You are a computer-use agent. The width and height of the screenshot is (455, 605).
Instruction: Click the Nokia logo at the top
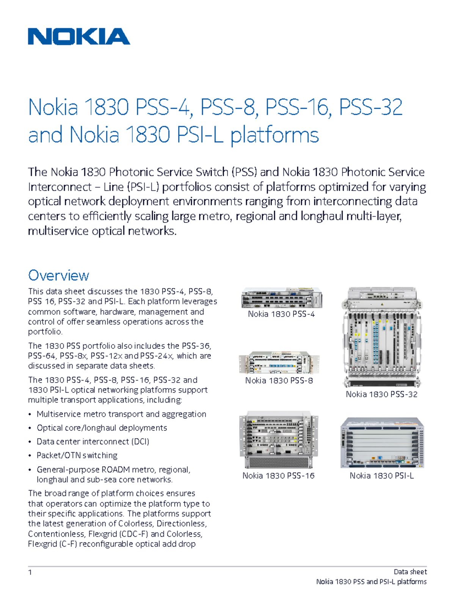pos(79,37)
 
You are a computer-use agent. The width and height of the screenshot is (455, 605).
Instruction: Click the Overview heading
pos(58,275)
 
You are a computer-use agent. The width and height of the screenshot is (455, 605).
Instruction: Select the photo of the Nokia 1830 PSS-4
pos(282,298)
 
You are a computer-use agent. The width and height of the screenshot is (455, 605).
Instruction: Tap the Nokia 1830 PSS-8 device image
pos(279,363)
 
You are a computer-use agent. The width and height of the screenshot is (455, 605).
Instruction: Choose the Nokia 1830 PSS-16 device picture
pos(279,440)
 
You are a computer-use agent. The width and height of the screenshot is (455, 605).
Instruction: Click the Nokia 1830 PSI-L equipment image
pos(382,443)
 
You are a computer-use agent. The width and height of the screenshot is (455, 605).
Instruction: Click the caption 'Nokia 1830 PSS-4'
pos(281,314)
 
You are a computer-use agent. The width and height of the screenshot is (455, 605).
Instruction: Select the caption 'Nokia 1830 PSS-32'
pos(381,395)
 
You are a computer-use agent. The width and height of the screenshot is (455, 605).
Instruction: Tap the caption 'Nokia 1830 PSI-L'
pos(381,476)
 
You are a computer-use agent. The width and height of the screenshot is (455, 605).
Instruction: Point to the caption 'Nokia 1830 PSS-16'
pos(279,476)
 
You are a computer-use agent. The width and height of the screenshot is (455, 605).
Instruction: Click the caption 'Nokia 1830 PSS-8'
pos(279,381)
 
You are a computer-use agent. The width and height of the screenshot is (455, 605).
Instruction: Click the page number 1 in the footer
pos(30,572)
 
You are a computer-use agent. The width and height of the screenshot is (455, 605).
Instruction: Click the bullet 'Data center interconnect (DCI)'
pos(93,442)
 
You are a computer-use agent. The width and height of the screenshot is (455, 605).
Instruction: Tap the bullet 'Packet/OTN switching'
pos(77,455)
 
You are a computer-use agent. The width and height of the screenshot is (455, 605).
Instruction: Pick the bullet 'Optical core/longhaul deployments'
pos(102,428)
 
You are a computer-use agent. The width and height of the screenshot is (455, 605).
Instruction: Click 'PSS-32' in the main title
pos(370,107)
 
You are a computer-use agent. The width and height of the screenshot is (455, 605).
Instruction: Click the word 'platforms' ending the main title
pos(275,135)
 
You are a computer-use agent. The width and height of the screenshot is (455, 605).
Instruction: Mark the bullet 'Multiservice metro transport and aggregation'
pos(121,414)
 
